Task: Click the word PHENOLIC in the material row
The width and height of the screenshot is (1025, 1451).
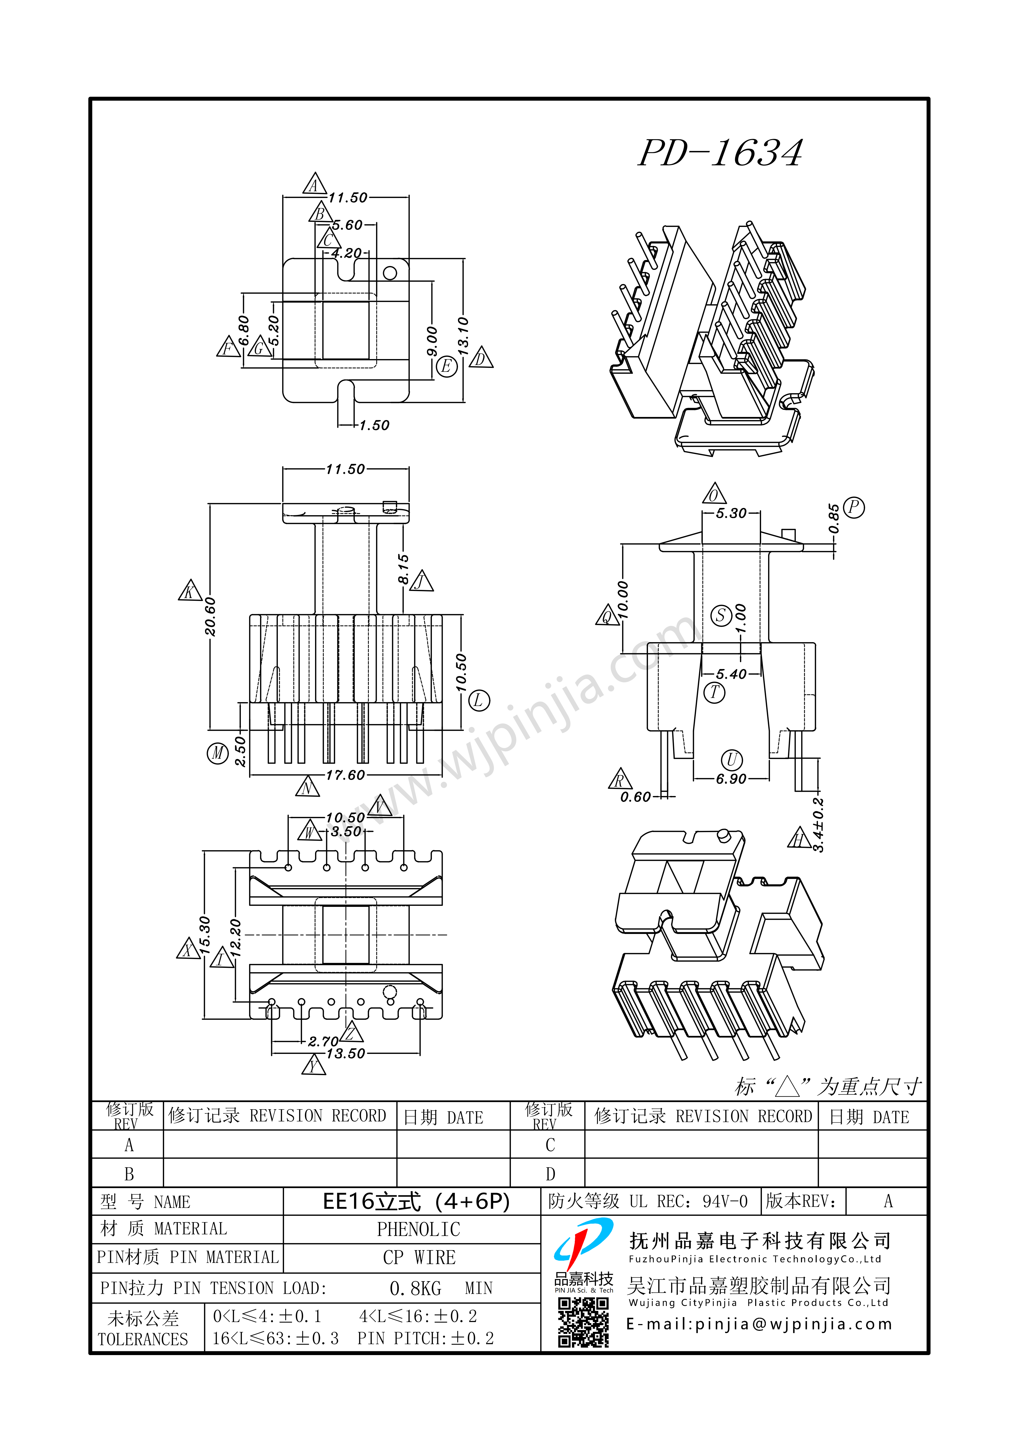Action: click(418, 1229)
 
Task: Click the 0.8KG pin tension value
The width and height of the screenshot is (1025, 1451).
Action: click(415, 1288)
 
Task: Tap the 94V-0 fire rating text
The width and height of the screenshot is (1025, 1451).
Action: click(725, 1201)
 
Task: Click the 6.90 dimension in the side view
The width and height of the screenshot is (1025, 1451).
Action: click(731, 779)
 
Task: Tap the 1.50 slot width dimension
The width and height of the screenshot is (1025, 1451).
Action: click(374, 425)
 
